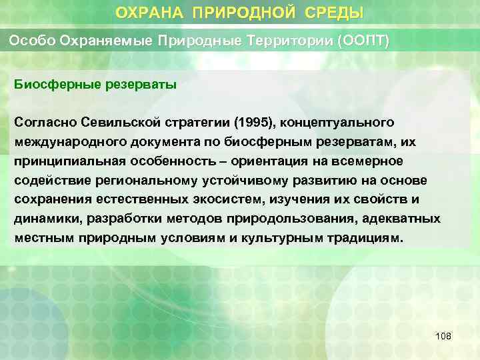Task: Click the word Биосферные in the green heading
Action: (x=50, y=85)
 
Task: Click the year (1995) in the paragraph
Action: (x=253, y=123)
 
